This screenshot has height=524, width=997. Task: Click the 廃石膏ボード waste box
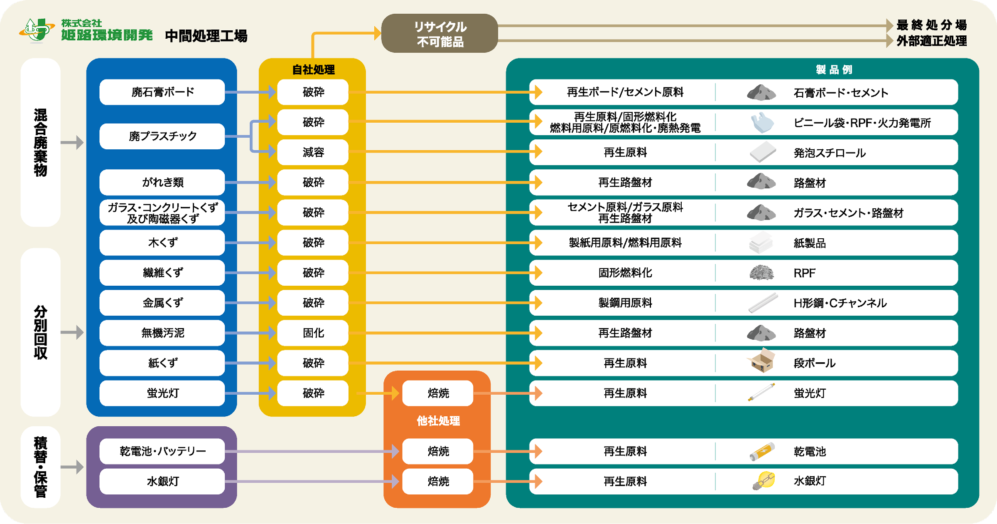tap(162, 92)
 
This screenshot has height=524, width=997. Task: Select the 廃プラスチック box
tap(162, 136)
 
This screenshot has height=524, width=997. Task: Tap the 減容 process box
tap(313, 152)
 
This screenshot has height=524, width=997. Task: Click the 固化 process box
tap(313, 333)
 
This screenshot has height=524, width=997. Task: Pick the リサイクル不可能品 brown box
tap(440, 33)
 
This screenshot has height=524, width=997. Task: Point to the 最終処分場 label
tap(931, 25)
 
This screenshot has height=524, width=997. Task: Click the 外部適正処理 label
tap(931, 41)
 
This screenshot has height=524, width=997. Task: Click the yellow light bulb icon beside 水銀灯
tap(764, 481)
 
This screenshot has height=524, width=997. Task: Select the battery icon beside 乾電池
tap(762, 451)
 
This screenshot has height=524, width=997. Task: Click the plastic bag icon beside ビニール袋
tap(762, 123)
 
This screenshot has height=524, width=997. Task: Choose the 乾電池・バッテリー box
tap(162, 451)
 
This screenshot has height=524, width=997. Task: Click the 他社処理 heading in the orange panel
tap(438, 421)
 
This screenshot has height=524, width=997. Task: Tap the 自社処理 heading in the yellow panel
tap(313, 69)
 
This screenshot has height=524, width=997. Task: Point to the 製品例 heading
tap(834, 69)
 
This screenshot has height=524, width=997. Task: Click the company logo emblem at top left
tap(37, 30)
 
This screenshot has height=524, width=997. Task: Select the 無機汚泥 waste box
tap(162, 333)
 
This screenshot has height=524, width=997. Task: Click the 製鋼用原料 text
tap(625, 303)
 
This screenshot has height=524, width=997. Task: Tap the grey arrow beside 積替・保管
tap(72, 467)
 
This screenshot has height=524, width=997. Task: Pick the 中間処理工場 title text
tap(206, 36)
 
